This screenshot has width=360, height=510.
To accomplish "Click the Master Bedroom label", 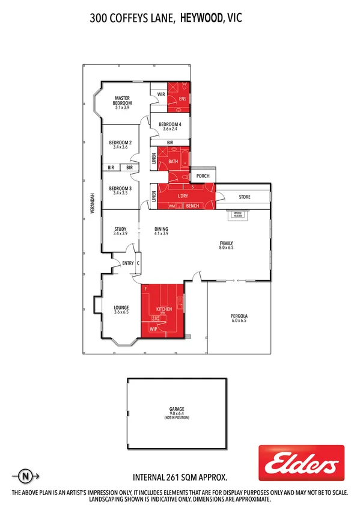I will tap(123, 101).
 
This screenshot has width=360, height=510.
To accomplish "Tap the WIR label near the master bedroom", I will tap(161, 94).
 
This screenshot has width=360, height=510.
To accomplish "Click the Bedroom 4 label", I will tap(170, 124).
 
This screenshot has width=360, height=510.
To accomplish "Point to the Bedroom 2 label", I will tap(120, 143).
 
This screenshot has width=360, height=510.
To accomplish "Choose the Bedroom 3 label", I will tap(120, 189).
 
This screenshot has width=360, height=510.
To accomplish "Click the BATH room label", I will tap(173, 161).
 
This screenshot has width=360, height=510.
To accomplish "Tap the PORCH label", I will tap(203, 176).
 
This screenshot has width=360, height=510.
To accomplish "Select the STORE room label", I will tap(244, 197).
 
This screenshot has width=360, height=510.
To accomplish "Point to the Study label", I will tap(120, 229).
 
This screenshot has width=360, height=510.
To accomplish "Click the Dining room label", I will tap(161, 229).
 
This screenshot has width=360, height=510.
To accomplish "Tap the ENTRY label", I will tap(127, 263).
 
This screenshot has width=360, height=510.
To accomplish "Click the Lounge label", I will tap(122, 308).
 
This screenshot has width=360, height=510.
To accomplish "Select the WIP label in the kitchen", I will tap(153, 329).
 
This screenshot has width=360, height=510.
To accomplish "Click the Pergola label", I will tap(239, 316).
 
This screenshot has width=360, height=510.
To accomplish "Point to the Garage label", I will tap(176, 409).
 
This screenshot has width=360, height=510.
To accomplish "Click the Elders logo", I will tap(301, 463).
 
